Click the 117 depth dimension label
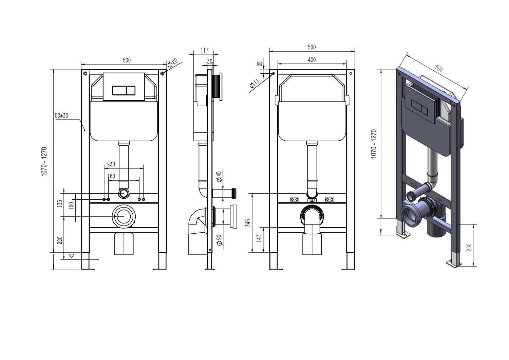[205, 50]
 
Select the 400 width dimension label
[312, 60]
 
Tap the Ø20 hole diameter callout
[172, 63]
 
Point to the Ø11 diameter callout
[254, 83]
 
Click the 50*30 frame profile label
[61, 115]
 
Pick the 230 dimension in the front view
[111, 164]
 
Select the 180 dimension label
[111, 176]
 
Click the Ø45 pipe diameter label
[219, 177]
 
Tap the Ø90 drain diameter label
[220, 240]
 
